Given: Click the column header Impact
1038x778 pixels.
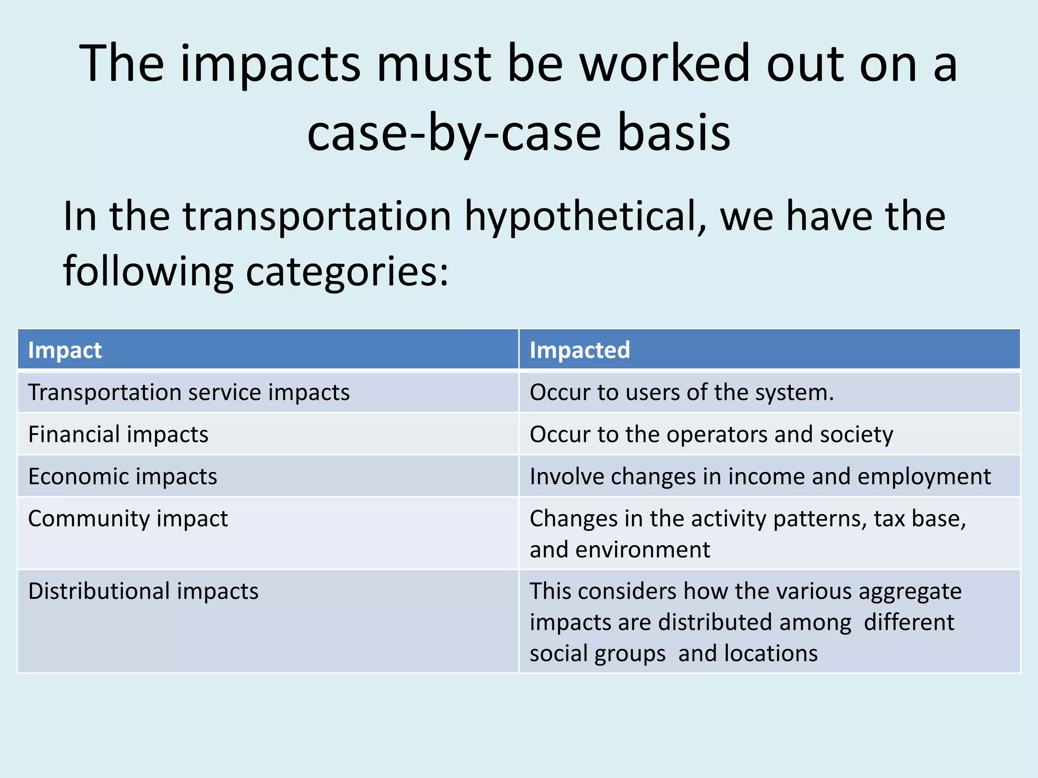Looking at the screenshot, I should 65,351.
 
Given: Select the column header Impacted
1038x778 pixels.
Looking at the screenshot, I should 579,351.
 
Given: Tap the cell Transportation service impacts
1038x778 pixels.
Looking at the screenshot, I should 189,393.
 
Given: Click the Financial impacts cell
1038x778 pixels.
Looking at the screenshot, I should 118,435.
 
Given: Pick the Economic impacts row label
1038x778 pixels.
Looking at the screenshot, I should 123,477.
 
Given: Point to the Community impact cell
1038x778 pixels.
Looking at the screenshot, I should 128,519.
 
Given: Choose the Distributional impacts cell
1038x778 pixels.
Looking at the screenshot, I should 143,591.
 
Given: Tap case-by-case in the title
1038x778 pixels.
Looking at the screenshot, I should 453,133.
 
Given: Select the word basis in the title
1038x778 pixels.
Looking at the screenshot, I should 674,133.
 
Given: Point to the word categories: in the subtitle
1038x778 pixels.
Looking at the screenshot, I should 347,271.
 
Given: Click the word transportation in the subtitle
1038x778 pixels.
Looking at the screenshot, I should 317,217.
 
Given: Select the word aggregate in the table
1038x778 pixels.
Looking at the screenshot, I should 910,591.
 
